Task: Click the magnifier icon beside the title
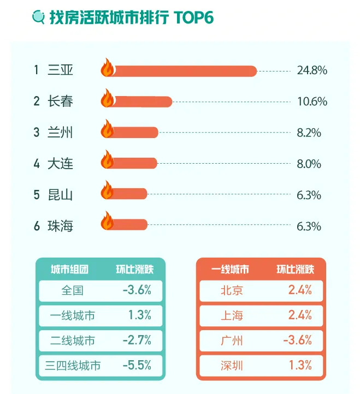(x=39, y=17)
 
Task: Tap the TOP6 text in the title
(x=193, y=17)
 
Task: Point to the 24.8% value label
(x=312, y=70)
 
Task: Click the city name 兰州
(x=60, y=133)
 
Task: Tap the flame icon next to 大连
(x=107, y=162)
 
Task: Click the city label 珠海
(x=60, y=226)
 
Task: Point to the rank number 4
(x=37, y=164)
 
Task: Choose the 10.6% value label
(x=312, y=102)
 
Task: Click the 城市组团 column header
(x=69, y=269)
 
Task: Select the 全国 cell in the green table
(x=73, y=290)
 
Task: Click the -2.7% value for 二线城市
(x=137, y=341)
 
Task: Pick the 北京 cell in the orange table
(x=231, y=290)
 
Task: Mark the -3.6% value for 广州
(x=297, y=341)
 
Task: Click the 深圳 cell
(x=231, y=366)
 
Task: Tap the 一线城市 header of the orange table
(x=230, y=269)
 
